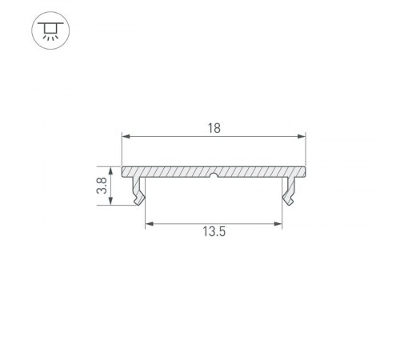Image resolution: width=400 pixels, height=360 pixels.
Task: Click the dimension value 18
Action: [214, 127]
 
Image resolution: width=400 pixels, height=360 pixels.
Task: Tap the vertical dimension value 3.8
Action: [101, 187]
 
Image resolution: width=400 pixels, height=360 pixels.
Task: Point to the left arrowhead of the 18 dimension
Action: [125, 136]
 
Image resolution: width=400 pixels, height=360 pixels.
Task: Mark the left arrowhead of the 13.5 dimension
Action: [149, 223]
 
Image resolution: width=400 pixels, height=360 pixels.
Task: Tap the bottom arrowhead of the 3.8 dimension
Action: [111, 202]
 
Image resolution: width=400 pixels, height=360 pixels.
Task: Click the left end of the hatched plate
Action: [124, 172]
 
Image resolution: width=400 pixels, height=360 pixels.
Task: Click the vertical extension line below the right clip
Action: [284, 216]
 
